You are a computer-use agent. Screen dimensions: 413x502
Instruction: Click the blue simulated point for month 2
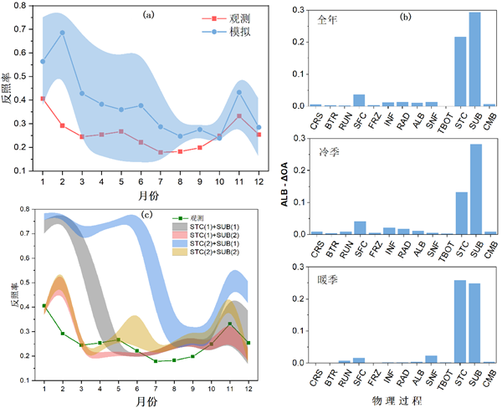[63, 33]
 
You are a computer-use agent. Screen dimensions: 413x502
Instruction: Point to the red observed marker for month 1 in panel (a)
[43, 99]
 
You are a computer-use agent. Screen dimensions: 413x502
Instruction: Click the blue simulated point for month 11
[239, 92]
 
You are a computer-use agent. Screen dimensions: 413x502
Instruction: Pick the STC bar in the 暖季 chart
[460, 322]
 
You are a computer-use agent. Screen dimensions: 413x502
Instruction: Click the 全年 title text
[320, 18]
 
